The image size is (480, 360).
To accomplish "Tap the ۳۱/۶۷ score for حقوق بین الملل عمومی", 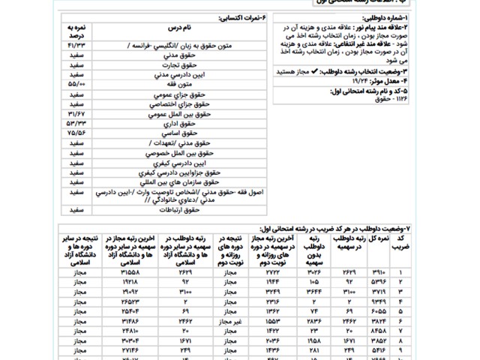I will click(78, 112).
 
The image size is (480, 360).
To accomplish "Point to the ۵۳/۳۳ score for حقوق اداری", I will click(78, 121).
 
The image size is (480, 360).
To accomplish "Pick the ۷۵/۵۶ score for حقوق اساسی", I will click(78, 131).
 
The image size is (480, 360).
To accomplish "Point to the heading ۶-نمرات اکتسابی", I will click(241, 16).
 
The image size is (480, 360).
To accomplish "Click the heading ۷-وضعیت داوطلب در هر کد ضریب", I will click(365, 227).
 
